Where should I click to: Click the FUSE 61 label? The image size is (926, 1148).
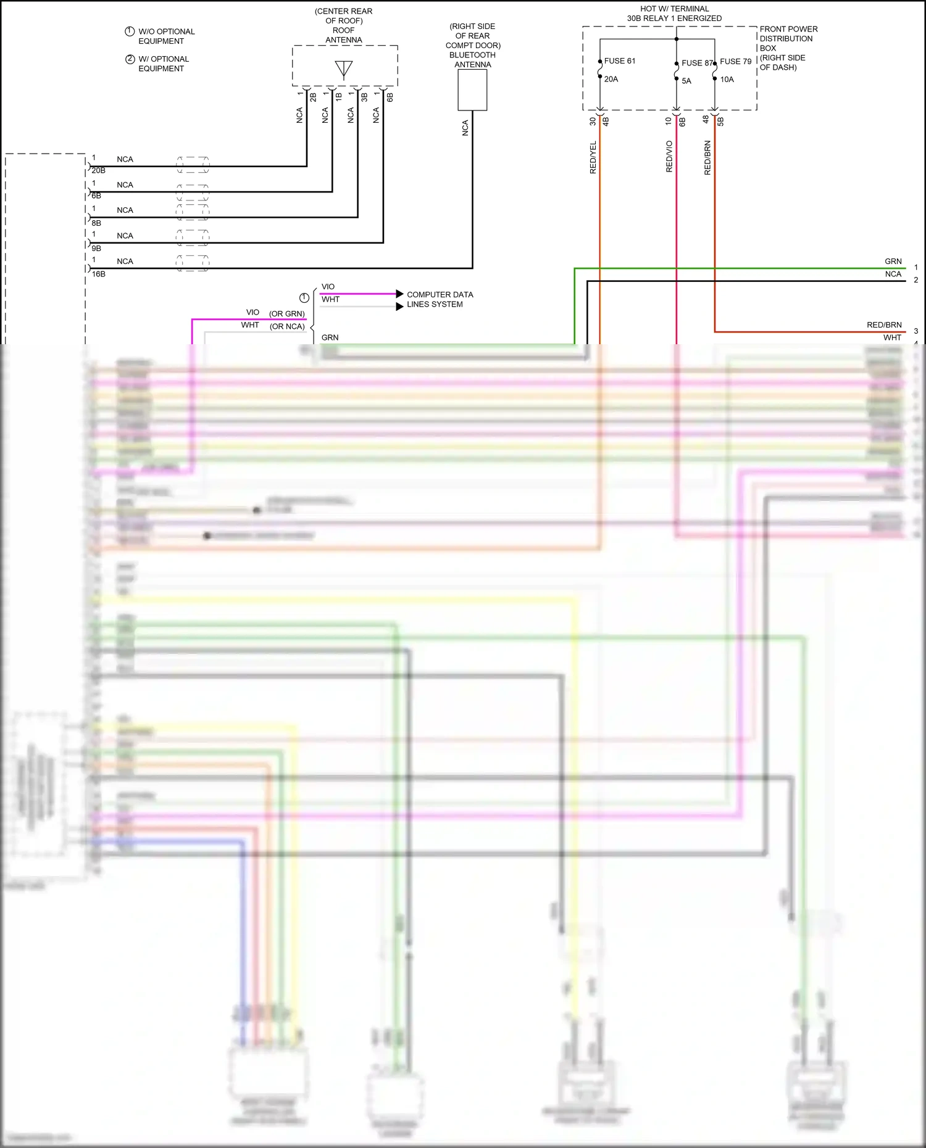(x=619, y=61)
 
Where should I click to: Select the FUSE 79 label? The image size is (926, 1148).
(x=735, y=62)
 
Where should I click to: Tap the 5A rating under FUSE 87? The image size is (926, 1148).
(x=686, y=81)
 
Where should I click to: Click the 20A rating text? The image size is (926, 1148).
(x=611, y=80)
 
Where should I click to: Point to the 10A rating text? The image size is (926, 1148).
(x=727, y=80)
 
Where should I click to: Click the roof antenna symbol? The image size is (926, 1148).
(x=344, y=68)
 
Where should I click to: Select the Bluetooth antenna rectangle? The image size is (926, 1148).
(x=472, y=90)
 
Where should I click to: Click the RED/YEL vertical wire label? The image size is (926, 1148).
(x=593, y=157)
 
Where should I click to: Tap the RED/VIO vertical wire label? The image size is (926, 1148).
(x=669, y=156)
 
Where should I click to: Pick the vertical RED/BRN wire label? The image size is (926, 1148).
(x=707, y=158)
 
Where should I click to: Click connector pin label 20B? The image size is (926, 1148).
(x=99, y=171)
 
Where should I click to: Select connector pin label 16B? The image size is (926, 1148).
(x=99, y=275)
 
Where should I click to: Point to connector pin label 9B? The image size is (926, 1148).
(x=96, y=249)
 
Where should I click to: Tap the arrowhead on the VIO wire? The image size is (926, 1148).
(x=400, y=294)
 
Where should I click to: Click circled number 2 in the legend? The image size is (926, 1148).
(x=130, y=59)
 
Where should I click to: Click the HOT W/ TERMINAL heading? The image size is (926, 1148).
(x=674, y=9)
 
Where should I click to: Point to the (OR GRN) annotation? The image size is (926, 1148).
(x=286, y=314)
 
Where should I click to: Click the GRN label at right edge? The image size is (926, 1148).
(x=893, y=262)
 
